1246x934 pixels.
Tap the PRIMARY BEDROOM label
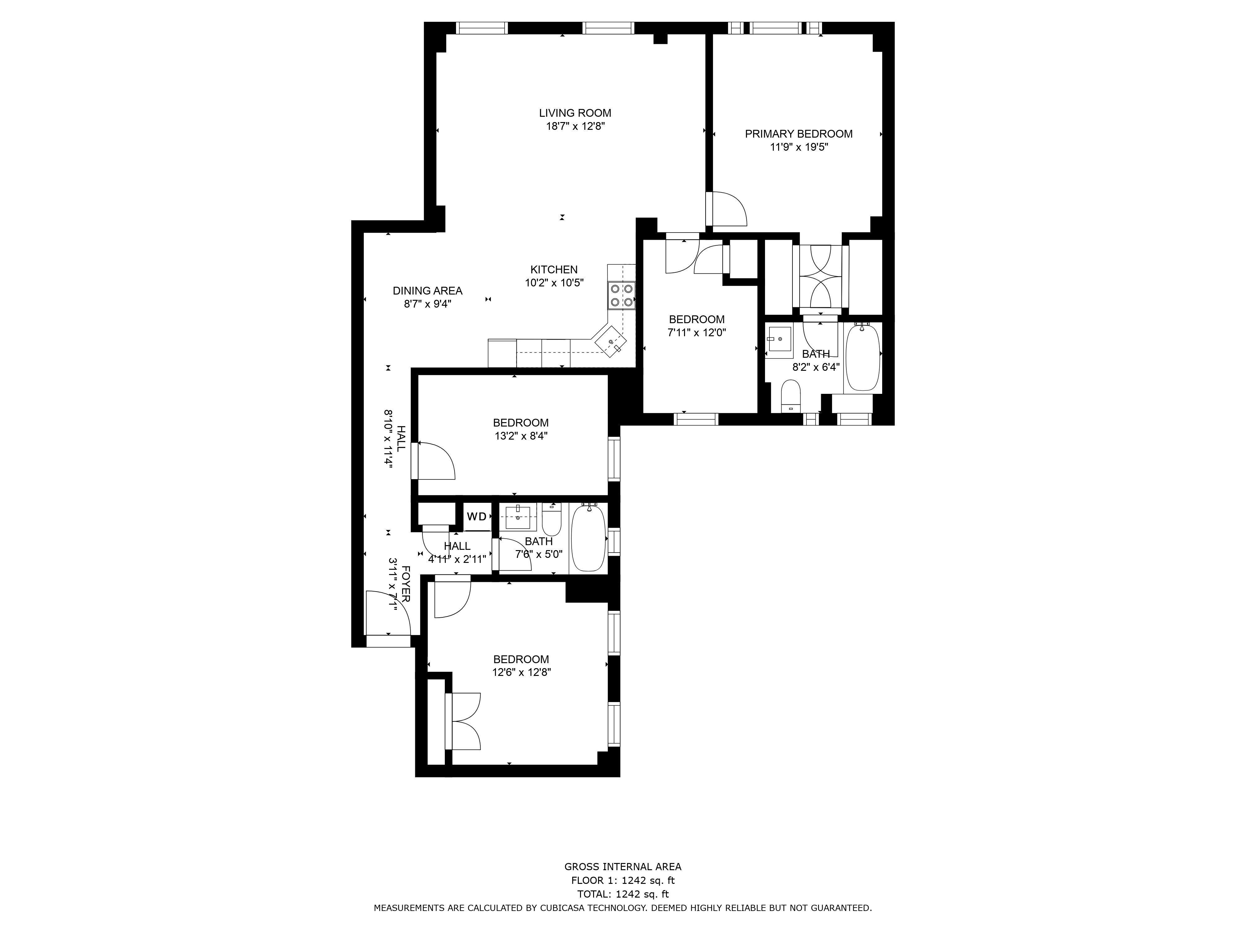799,134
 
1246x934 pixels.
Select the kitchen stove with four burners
621,295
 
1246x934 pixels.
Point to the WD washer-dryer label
477,516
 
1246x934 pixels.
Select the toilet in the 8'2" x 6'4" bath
792,396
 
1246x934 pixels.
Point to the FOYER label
406,592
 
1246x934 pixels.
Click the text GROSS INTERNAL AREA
623,867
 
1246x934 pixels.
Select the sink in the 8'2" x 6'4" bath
780,339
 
